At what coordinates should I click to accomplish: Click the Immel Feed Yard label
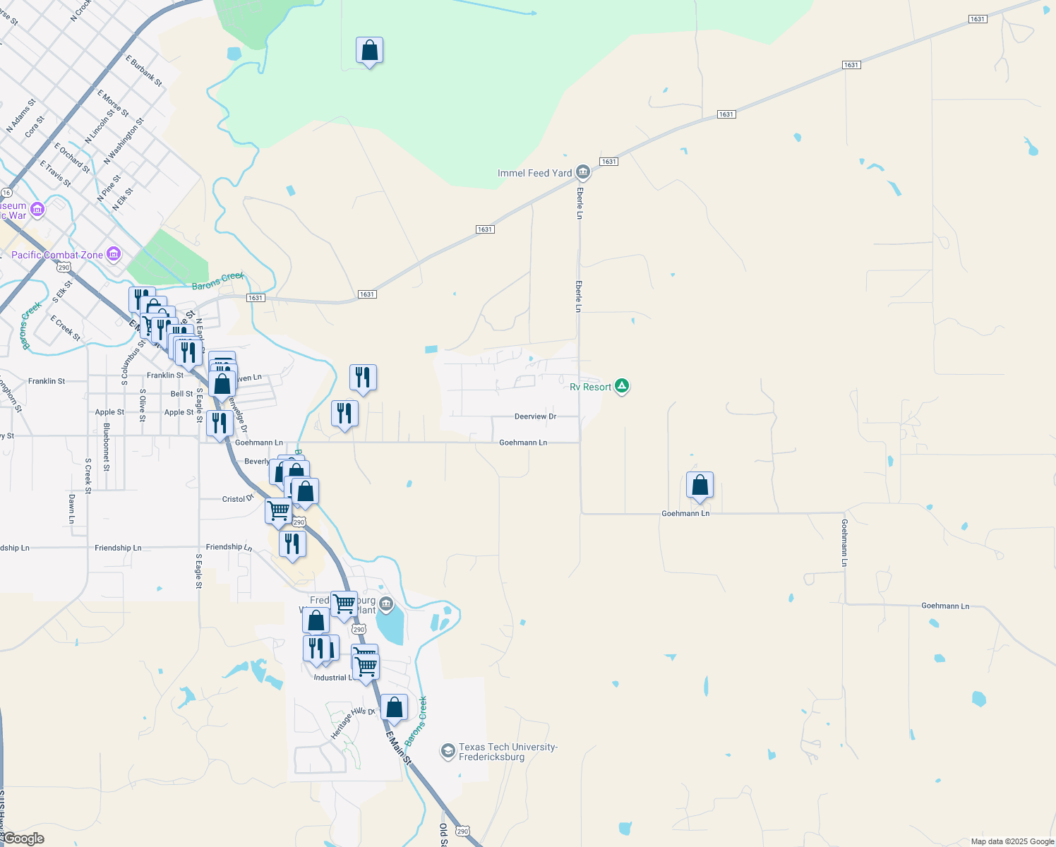[534, 173]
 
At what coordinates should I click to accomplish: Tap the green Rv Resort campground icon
[622, 386]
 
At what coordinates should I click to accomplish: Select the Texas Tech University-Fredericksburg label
[508, 752]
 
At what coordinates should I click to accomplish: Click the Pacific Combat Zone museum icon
[114, 254]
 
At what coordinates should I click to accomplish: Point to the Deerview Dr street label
[535, 416]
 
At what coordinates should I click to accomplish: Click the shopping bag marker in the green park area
[369, 51]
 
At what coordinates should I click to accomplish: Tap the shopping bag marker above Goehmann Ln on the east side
[700, 486]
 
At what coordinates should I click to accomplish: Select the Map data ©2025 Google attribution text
[1012, 841]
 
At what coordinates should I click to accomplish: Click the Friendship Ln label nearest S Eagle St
[229, 547]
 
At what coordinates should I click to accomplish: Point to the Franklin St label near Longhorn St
[47, 381]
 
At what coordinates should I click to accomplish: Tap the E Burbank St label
[144, 71]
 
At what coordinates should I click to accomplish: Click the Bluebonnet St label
[107, 447]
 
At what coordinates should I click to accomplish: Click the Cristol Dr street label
[238, 498]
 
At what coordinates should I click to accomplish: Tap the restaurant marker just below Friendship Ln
[292, 544]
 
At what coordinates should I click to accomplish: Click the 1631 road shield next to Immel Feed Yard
[608, 162]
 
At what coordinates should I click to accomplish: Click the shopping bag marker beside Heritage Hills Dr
[394, 707]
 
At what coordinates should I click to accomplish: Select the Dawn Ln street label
[71, 509]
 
